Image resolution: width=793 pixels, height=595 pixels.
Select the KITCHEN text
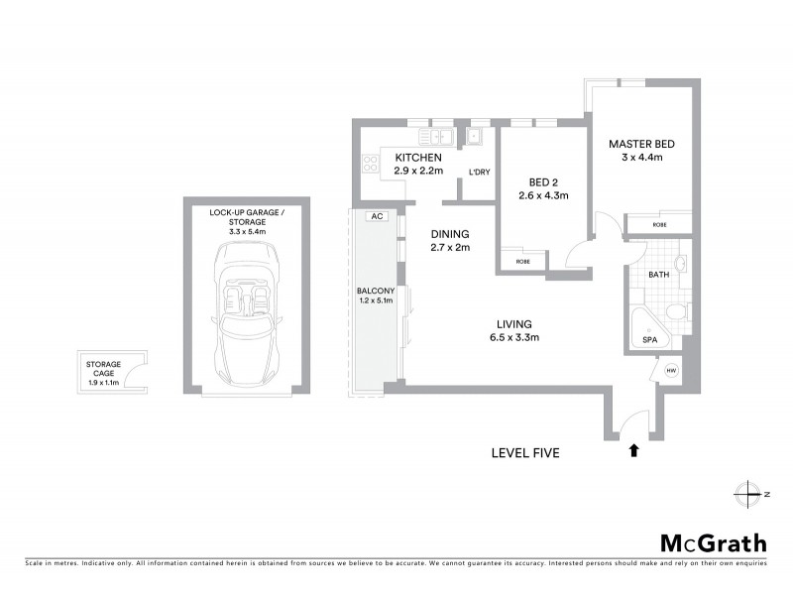[417, 159]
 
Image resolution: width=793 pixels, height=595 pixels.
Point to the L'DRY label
[479, 173]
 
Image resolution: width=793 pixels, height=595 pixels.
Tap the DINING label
[449, 234]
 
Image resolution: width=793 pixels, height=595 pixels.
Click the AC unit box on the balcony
[377, 216]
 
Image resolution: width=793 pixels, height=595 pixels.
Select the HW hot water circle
[671, 371]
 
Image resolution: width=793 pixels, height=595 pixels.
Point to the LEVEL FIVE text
[525, 453]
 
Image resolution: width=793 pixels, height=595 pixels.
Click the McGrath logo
[714, 542]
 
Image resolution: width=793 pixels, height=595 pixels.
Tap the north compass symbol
[745, 493]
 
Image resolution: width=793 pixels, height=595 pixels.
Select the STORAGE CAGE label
[102, 372]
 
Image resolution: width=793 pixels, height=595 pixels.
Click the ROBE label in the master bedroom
[659, 225]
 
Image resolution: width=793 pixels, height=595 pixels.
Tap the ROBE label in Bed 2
[521, 263]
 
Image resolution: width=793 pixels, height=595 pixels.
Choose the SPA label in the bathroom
[650, 339]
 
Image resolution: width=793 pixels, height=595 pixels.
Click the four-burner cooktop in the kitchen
[371, 163]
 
